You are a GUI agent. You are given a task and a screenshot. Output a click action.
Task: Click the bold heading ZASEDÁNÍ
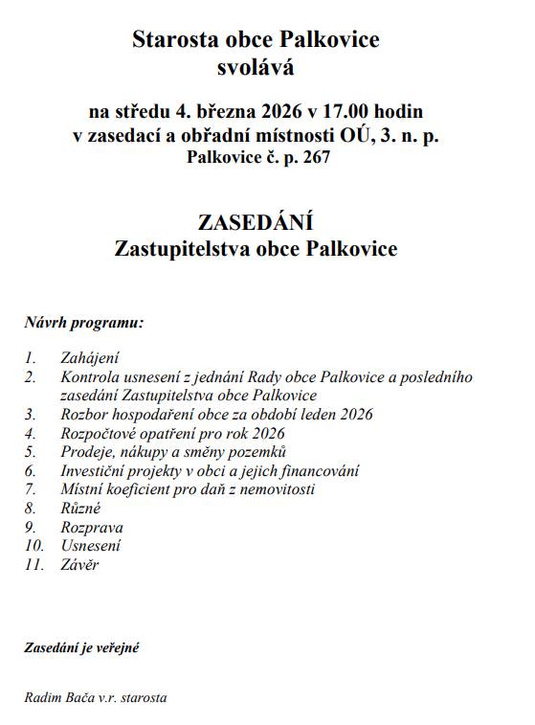(256, 224)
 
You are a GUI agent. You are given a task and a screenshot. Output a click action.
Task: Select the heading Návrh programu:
(84, 322)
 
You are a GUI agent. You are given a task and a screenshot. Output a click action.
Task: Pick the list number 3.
(31, 414)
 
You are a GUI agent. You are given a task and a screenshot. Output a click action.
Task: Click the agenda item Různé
(80, 509)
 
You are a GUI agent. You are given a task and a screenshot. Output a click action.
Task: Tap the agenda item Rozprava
(92, 527)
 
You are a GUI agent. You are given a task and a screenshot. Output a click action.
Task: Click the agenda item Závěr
(79, 565)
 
